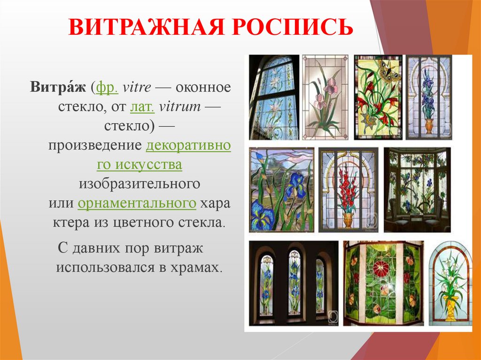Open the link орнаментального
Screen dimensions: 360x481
click(137, 204)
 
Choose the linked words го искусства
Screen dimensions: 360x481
click(140, 165)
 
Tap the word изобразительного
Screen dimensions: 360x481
click(140, 184)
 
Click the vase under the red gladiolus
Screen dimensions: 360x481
click(348, 219)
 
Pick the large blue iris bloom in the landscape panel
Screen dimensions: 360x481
click(295, 185)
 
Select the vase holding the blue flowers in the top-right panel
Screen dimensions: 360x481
click(428, 126)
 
